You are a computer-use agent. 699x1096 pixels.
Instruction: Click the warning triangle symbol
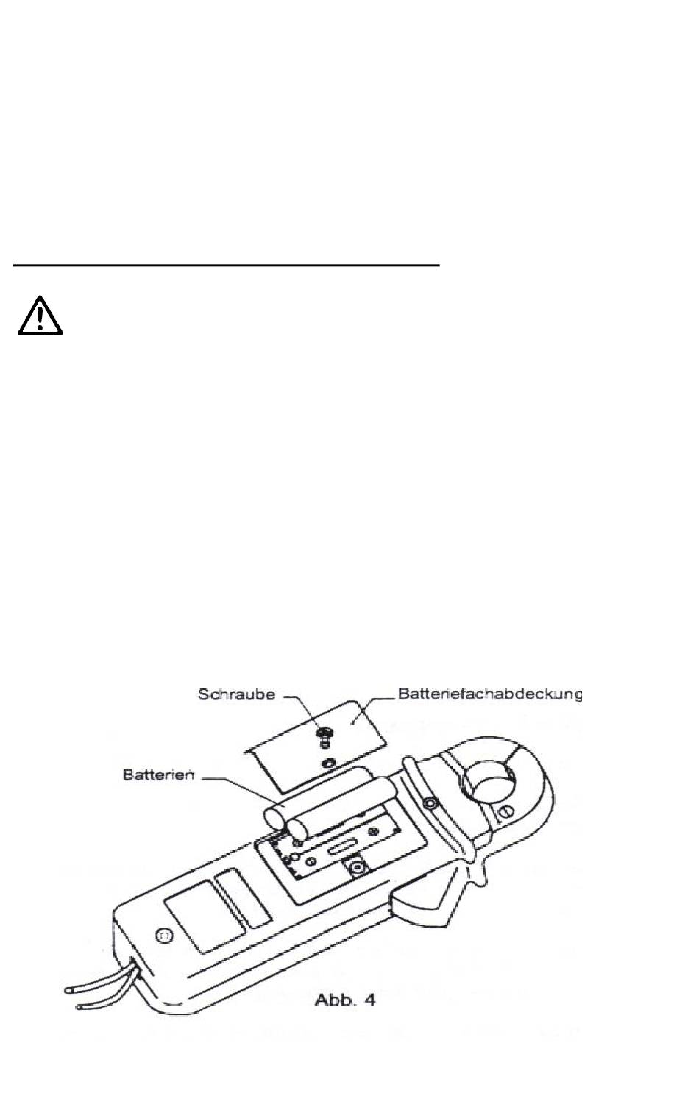point(40,316)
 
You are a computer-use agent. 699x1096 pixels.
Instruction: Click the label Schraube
point(236,695)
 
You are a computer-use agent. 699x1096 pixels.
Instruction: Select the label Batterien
point(158,775)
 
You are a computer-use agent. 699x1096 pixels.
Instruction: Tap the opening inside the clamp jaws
point(488,783)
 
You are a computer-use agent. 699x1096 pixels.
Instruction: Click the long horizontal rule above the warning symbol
point(226,265)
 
